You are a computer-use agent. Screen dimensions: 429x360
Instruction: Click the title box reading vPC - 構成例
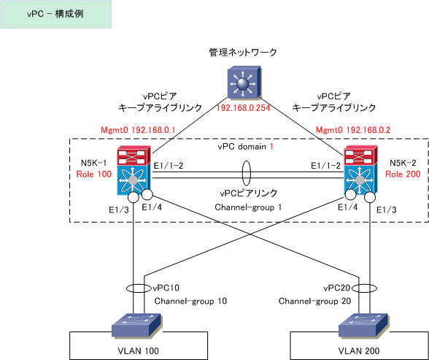[55, 14]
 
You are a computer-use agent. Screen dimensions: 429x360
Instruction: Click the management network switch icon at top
[244, 82]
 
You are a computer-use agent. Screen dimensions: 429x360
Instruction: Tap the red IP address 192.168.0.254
[243, 108]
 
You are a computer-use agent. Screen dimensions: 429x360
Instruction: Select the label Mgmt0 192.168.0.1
[138, 130]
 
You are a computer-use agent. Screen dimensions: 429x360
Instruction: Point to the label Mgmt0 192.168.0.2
[353, 130]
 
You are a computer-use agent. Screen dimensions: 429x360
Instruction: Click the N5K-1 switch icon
[134, 170]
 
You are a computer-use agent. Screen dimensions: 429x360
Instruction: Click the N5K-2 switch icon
[360, 170]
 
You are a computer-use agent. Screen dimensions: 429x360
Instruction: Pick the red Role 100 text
[94, 174]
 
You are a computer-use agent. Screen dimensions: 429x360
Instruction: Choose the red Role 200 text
[403, 174]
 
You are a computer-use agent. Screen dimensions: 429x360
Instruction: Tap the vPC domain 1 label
[245, 147]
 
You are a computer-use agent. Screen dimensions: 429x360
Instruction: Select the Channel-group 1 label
[248, 207]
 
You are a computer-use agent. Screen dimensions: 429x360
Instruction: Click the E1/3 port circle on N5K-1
[134, 197]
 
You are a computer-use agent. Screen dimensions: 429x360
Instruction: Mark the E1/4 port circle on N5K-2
[350, 195]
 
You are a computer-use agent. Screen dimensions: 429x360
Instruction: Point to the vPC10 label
[166, 288]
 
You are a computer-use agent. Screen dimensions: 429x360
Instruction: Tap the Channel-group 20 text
[314, 301]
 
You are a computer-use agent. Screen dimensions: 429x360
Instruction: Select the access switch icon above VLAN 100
[137, 325]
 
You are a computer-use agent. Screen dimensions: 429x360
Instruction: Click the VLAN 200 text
[359, 351]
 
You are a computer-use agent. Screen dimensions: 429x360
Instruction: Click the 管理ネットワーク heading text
[243, 52]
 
